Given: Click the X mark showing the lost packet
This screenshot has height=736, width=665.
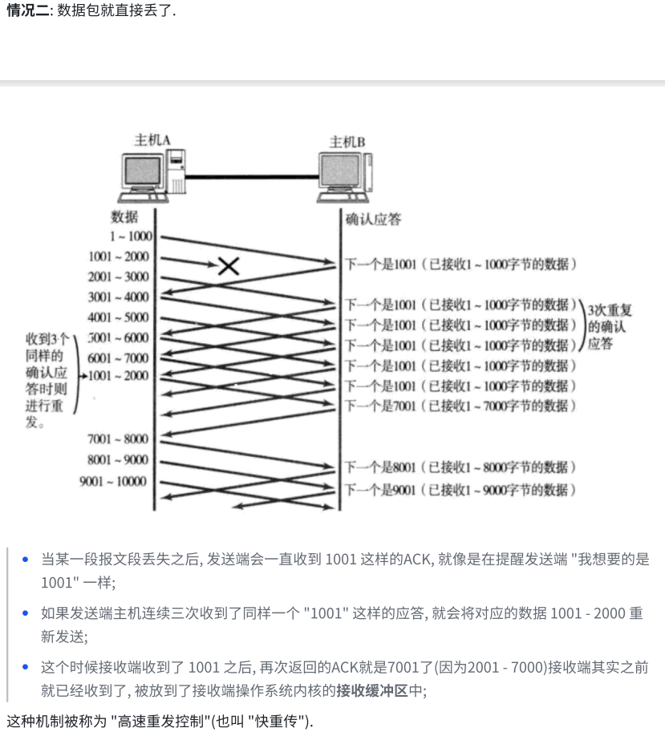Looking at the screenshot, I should pos(229,265).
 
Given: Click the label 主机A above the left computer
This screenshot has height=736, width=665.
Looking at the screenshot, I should pos(152,140).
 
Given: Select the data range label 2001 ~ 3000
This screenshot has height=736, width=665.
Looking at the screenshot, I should pos(119,277).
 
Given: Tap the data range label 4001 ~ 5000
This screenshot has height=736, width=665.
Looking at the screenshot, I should pos(119,317).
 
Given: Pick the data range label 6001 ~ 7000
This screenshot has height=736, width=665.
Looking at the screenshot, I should pos(119,358).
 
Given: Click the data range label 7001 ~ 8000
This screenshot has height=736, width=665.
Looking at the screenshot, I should pos(119,439).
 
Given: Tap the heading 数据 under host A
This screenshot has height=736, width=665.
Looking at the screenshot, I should pos(124,216).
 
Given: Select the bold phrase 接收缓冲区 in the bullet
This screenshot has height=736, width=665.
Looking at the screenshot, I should pos(372,689).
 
